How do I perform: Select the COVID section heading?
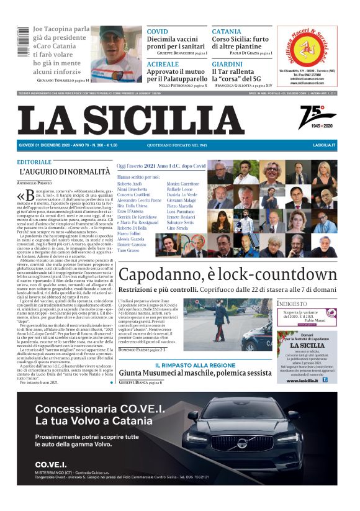(x=158, y=31)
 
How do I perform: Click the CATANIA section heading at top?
(x=227, y=31)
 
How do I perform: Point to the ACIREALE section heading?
(x=163, y=64)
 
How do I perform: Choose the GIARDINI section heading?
(x=227, y=64)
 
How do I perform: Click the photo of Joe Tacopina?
(x=117, y=53)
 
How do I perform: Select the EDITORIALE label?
(x=35, y=161)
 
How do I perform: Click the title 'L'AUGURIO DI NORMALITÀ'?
(x=65, y=171)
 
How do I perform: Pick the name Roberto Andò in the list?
(x=130, y=185)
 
